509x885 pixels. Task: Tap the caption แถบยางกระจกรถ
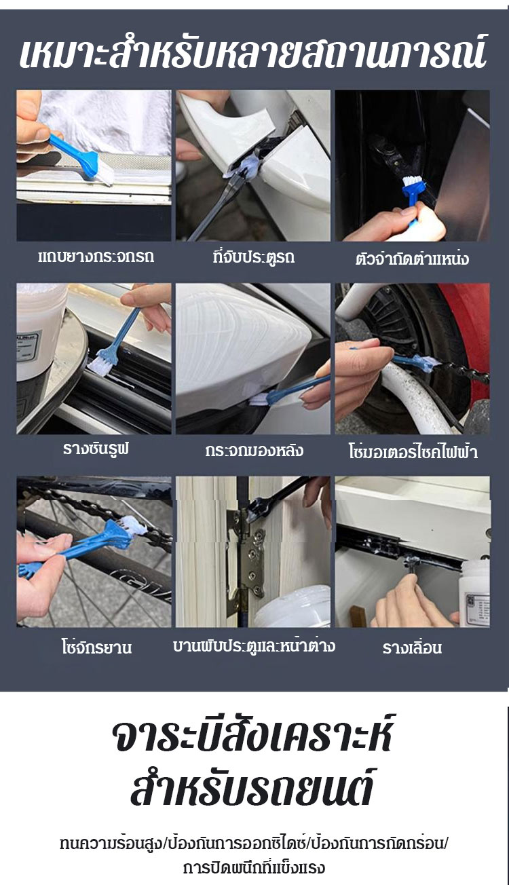point(96,257)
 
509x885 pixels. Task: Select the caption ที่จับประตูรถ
point(253,257)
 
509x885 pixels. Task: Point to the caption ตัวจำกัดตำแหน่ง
point(412,259)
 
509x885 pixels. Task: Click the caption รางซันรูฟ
point(96,449)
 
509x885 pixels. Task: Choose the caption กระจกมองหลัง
point(254,451)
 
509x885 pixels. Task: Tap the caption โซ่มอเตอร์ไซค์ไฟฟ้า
point(413,451)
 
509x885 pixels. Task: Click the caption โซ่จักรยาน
point(96,647)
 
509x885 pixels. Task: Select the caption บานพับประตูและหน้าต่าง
point(254,645)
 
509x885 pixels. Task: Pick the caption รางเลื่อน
point(412,647)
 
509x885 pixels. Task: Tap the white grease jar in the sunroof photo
point(41,332)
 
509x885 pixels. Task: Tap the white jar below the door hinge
point(293,606)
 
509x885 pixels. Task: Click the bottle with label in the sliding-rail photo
point(476,592)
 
